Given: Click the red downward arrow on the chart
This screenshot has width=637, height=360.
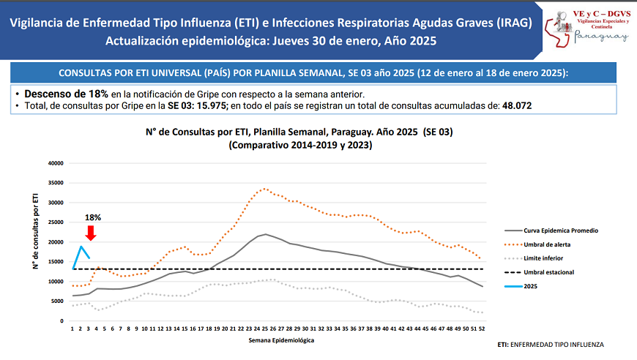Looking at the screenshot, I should point(91,233).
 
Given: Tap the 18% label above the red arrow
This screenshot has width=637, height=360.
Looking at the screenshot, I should point(93,218).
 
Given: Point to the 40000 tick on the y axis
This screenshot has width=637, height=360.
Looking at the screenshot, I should point(56,163).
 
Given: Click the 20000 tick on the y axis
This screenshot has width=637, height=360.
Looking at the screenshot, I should point(56,242).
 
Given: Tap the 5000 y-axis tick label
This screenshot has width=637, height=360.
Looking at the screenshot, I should point(59,301).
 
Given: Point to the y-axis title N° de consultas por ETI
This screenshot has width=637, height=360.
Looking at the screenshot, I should point(34,231).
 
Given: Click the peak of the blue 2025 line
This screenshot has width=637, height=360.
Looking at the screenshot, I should point(81,247).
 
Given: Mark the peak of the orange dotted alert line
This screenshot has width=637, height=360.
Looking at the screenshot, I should point(265,189).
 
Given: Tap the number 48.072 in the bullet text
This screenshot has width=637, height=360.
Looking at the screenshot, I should point(516,106).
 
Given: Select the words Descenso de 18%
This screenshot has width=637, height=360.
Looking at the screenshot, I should point(67,94).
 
